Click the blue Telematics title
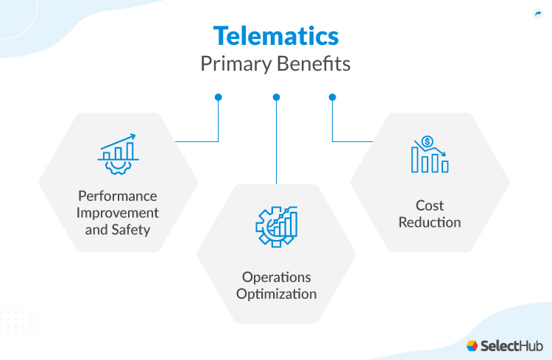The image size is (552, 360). pos(276,36)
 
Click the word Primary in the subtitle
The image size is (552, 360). pos(236,65)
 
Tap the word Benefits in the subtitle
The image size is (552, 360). pos(314,64)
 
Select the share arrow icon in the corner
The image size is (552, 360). pos(538,14)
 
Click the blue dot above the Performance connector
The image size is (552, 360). pos(219,97)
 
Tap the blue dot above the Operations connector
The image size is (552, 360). pos(276,97)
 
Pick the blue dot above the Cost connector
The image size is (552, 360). pos(333,97)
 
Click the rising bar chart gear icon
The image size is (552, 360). pos(118,154)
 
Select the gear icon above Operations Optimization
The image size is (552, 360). pos(277,227)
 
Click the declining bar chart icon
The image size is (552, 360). pos(430,155)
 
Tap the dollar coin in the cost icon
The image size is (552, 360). pos(428,141)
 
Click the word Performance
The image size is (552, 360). pos(118,196)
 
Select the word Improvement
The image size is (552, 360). pos(118,213)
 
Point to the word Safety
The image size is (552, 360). pos(131,230)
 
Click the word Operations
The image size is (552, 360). pos(276,278)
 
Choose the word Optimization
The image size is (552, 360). pos(276,294)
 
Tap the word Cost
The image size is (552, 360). pos(430,205)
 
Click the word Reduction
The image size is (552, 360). pos(430,222)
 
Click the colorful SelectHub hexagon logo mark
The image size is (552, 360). pos(472,346)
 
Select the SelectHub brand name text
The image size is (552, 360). pos(512,346)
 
